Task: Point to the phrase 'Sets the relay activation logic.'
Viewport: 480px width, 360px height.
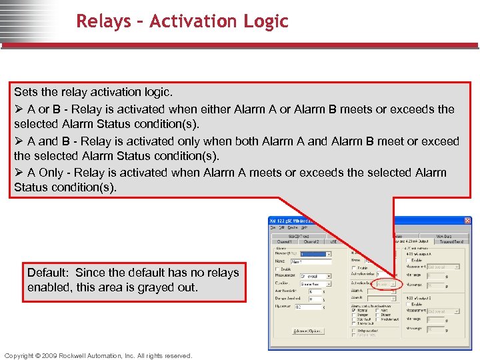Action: pos(88,92)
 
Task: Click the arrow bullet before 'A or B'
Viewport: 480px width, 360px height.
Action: pos(19,109)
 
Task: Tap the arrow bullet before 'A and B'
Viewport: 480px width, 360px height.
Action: pos(19,141)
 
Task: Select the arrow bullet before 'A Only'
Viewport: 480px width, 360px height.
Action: pos(19,173)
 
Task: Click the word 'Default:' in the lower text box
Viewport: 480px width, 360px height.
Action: pos(49,273)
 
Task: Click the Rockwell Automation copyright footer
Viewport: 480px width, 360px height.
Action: pos(98,355)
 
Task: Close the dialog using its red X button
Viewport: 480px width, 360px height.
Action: pos(467,221)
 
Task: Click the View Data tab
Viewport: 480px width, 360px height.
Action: pos(444,235)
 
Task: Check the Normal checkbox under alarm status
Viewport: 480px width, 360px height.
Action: pos(353,309)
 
